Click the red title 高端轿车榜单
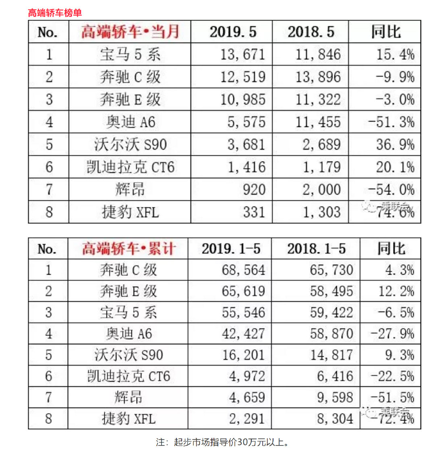coord(55,13)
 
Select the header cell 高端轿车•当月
coord(130,32)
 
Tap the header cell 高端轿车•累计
coord(128,249)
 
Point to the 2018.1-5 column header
coord(316,249)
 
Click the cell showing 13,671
coord(242,54)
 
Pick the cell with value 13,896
coord(318,77)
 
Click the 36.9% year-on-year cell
coord(395,145)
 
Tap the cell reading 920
coord(254,189)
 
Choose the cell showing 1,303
coord(321,212)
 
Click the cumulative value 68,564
coord(243,270)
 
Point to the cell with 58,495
coord(331,291)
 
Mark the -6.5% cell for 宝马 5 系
coord(396,313)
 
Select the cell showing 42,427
coord(243,334)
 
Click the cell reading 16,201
coord(243,355)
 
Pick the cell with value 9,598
coord(335,398)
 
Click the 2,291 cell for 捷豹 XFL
coord(247,419)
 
